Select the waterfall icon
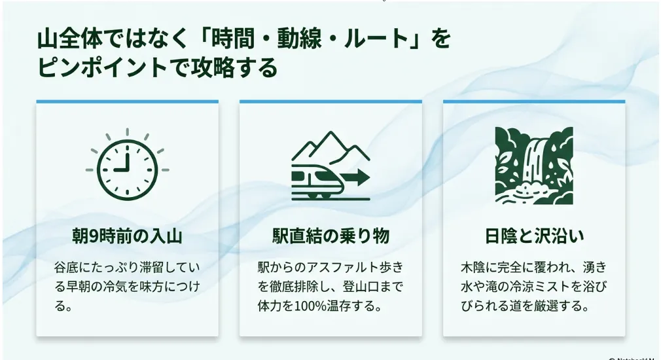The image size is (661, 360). [534, 166]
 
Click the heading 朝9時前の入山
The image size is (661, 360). [128, 236]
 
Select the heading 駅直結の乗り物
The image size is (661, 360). [331, 236]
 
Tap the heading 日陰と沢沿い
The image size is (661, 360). [534, 236]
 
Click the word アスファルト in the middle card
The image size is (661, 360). [343, 267]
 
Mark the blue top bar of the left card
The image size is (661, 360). [128, 101]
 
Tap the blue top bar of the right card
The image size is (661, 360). [534, 101]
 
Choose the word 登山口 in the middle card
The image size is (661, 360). [361, 287]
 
